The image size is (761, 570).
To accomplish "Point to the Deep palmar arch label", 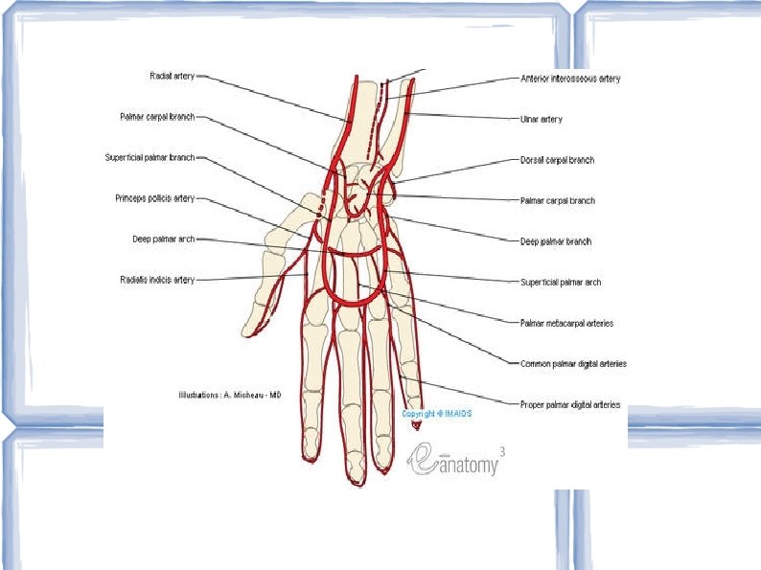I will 163,239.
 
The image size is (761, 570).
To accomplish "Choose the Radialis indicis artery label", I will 157,280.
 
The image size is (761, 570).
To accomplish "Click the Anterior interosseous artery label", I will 569,79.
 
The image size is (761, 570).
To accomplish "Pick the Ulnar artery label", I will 541,120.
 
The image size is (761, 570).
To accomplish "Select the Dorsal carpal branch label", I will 556,160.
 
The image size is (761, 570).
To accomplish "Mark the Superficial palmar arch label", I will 561,283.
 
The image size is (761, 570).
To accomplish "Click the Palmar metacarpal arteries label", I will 565,323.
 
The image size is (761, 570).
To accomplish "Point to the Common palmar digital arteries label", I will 573,364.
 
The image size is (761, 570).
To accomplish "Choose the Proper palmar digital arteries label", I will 569,404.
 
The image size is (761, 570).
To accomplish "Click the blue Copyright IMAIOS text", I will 437,414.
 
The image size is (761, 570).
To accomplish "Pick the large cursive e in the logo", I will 423,460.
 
